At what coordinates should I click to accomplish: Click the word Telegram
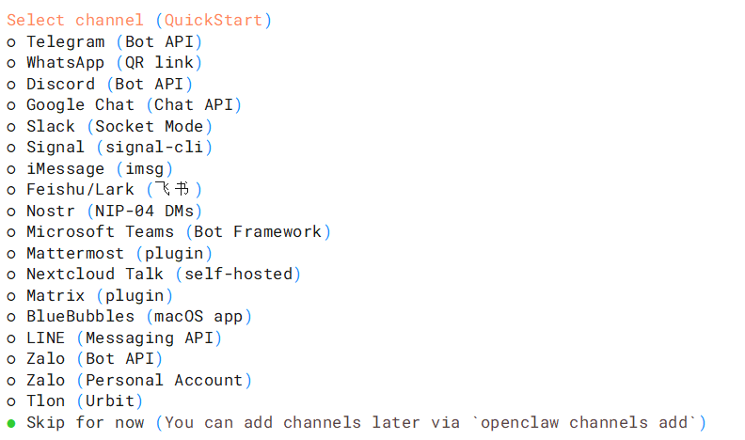point(66,42)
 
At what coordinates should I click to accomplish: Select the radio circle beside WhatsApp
point(11,64)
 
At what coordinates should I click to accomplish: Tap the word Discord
point(60,84)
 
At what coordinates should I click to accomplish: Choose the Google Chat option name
point(80,105)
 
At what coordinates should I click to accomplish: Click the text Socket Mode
point(150,127)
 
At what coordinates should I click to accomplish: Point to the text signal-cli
point(154,148)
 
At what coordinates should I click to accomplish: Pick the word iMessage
point(66,169)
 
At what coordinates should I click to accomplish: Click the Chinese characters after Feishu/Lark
point(172,189)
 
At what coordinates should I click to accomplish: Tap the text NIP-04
point(124,211)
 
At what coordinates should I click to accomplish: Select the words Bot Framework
point(258,231)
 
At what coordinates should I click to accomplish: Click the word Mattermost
point(75,253)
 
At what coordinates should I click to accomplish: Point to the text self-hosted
point(239,274)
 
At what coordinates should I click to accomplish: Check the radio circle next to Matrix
point(11,297)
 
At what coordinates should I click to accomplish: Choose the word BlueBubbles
point(80,317)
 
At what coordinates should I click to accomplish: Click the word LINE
point(45,338)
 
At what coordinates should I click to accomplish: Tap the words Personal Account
point(164,380)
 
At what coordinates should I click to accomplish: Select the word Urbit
point(110,401)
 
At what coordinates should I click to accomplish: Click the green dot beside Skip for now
point(11,423)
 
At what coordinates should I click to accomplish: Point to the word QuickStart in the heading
point(214,21)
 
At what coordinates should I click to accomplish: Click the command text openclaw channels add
point(584,422)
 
